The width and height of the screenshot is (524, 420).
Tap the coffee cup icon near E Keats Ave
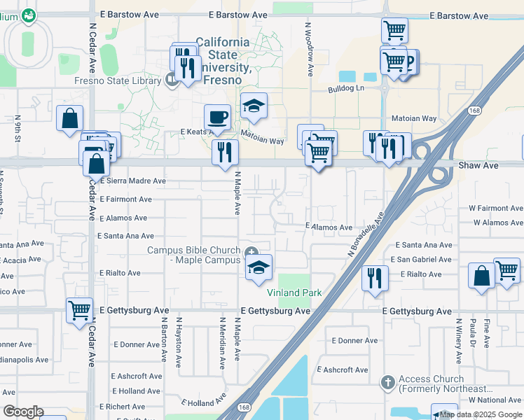click(217, 117)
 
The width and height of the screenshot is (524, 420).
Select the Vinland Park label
click(294, 293)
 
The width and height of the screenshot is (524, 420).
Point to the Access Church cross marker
click(388, 382)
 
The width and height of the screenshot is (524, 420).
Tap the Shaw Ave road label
click(478, 165)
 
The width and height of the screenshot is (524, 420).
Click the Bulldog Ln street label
click(346, 90)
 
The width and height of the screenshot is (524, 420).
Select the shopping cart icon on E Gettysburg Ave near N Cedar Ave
click(79, 309)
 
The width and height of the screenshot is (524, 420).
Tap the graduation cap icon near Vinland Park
click(258, 267)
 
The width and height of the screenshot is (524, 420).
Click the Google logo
click(23, 412)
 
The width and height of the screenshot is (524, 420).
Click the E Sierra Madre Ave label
click(132, 181)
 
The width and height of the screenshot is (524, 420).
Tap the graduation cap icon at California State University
click(254, 106)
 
